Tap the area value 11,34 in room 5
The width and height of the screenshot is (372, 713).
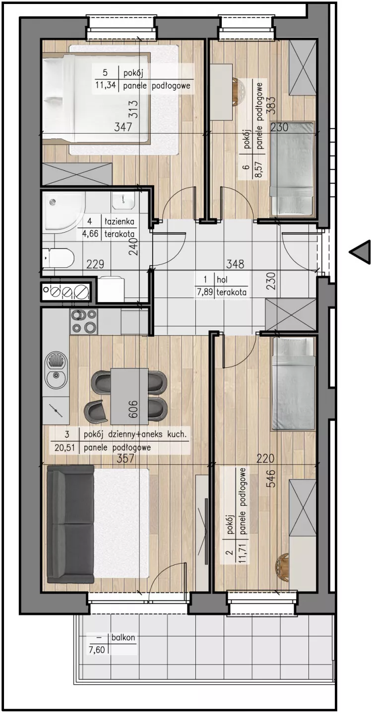105,85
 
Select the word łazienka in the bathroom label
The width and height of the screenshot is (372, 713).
119,221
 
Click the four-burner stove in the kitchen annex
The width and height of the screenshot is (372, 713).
84,321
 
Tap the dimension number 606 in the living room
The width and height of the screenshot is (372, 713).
133,408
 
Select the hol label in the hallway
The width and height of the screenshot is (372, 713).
222,280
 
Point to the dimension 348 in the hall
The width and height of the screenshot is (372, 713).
235,264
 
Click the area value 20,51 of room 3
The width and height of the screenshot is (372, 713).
64,448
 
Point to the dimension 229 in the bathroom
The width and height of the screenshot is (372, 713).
95,264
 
